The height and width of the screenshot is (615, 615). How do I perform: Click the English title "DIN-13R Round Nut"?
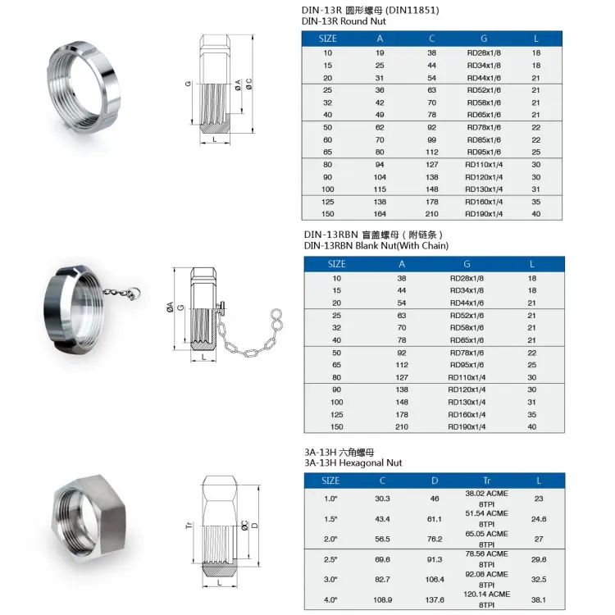[344, 21]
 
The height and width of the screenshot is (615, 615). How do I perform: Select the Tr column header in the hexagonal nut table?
[486, 480]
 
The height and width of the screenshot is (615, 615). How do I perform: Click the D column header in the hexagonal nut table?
[435, 480]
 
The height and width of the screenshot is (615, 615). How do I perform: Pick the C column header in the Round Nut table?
[432, 38]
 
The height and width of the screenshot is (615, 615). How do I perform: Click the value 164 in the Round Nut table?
[380, 213]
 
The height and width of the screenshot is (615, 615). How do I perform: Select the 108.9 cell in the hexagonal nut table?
[382, 599]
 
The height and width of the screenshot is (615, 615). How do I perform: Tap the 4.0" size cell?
[330, 599]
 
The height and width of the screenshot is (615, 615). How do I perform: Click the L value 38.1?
[538, 599]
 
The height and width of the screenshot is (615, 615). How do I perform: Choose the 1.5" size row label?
[330, 520]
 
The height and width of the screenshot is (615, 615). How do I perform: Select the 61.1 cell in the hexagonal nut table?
[435, 520]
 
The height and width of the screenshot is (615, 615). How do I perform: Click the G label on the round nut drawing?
[188, 84]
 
